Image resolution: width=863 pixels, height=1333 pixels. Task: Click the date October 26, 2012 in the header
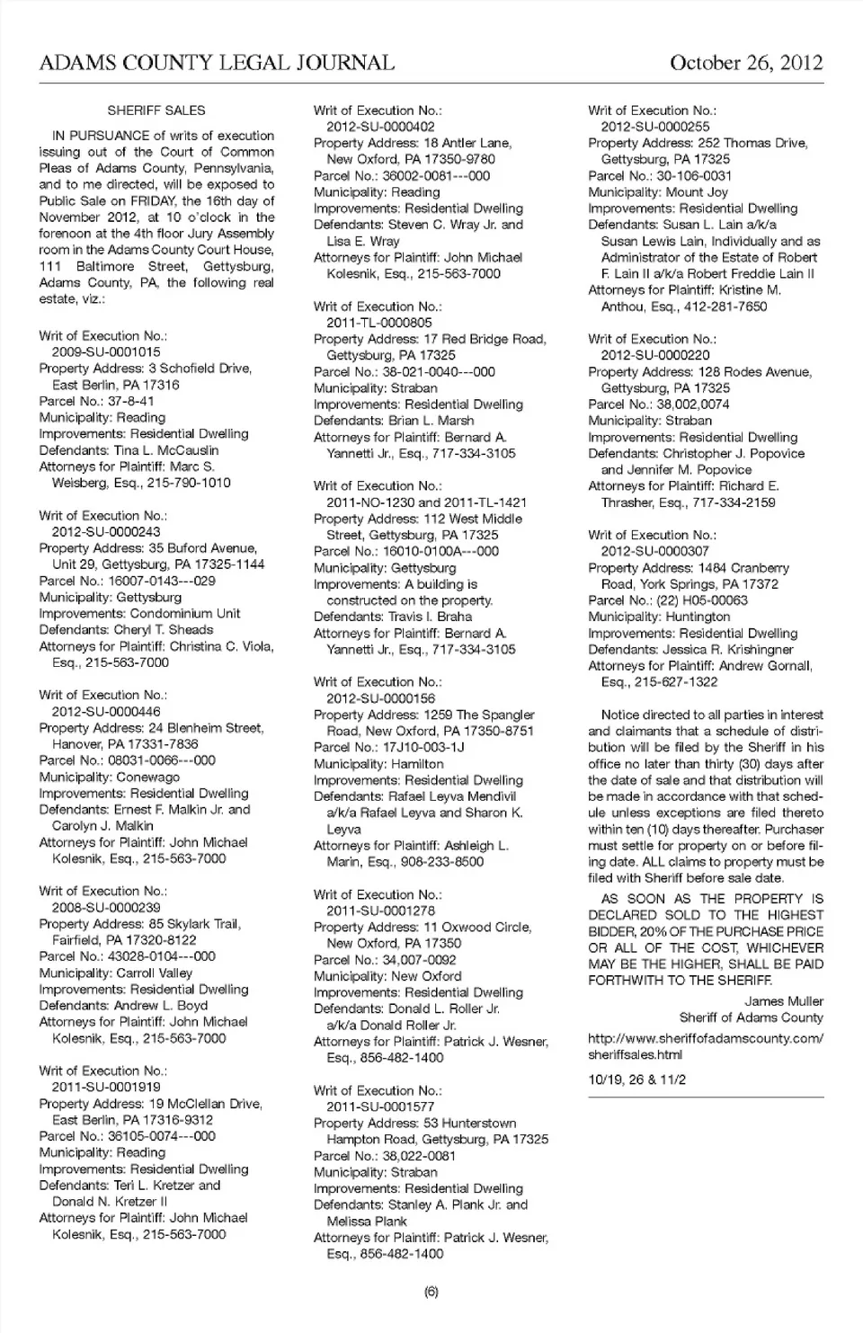click(745, 62)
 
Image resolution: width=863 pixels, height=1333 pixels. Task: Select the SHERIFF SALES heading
click(156, 111)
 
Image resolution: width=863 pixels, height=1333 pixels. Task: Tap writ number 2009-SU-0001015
click(106, 352)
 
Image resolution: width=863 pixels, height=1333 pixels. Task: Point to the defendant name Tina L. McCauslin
click(166, 450)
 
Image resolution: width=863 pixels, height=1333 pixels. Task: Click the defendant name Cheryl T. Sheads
click(164, 630)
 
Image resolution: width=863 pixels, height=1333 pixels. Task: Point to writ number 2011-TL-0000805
click(379, 323)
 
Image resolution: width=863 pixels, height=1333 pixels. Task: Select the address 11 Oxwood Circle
click(475, 927)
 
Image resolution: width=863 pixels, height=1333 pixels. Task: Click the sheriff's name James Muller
click(784, 1001)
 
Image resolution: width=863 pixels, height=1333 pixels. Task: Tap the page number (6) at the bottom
click(431, 1292)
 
